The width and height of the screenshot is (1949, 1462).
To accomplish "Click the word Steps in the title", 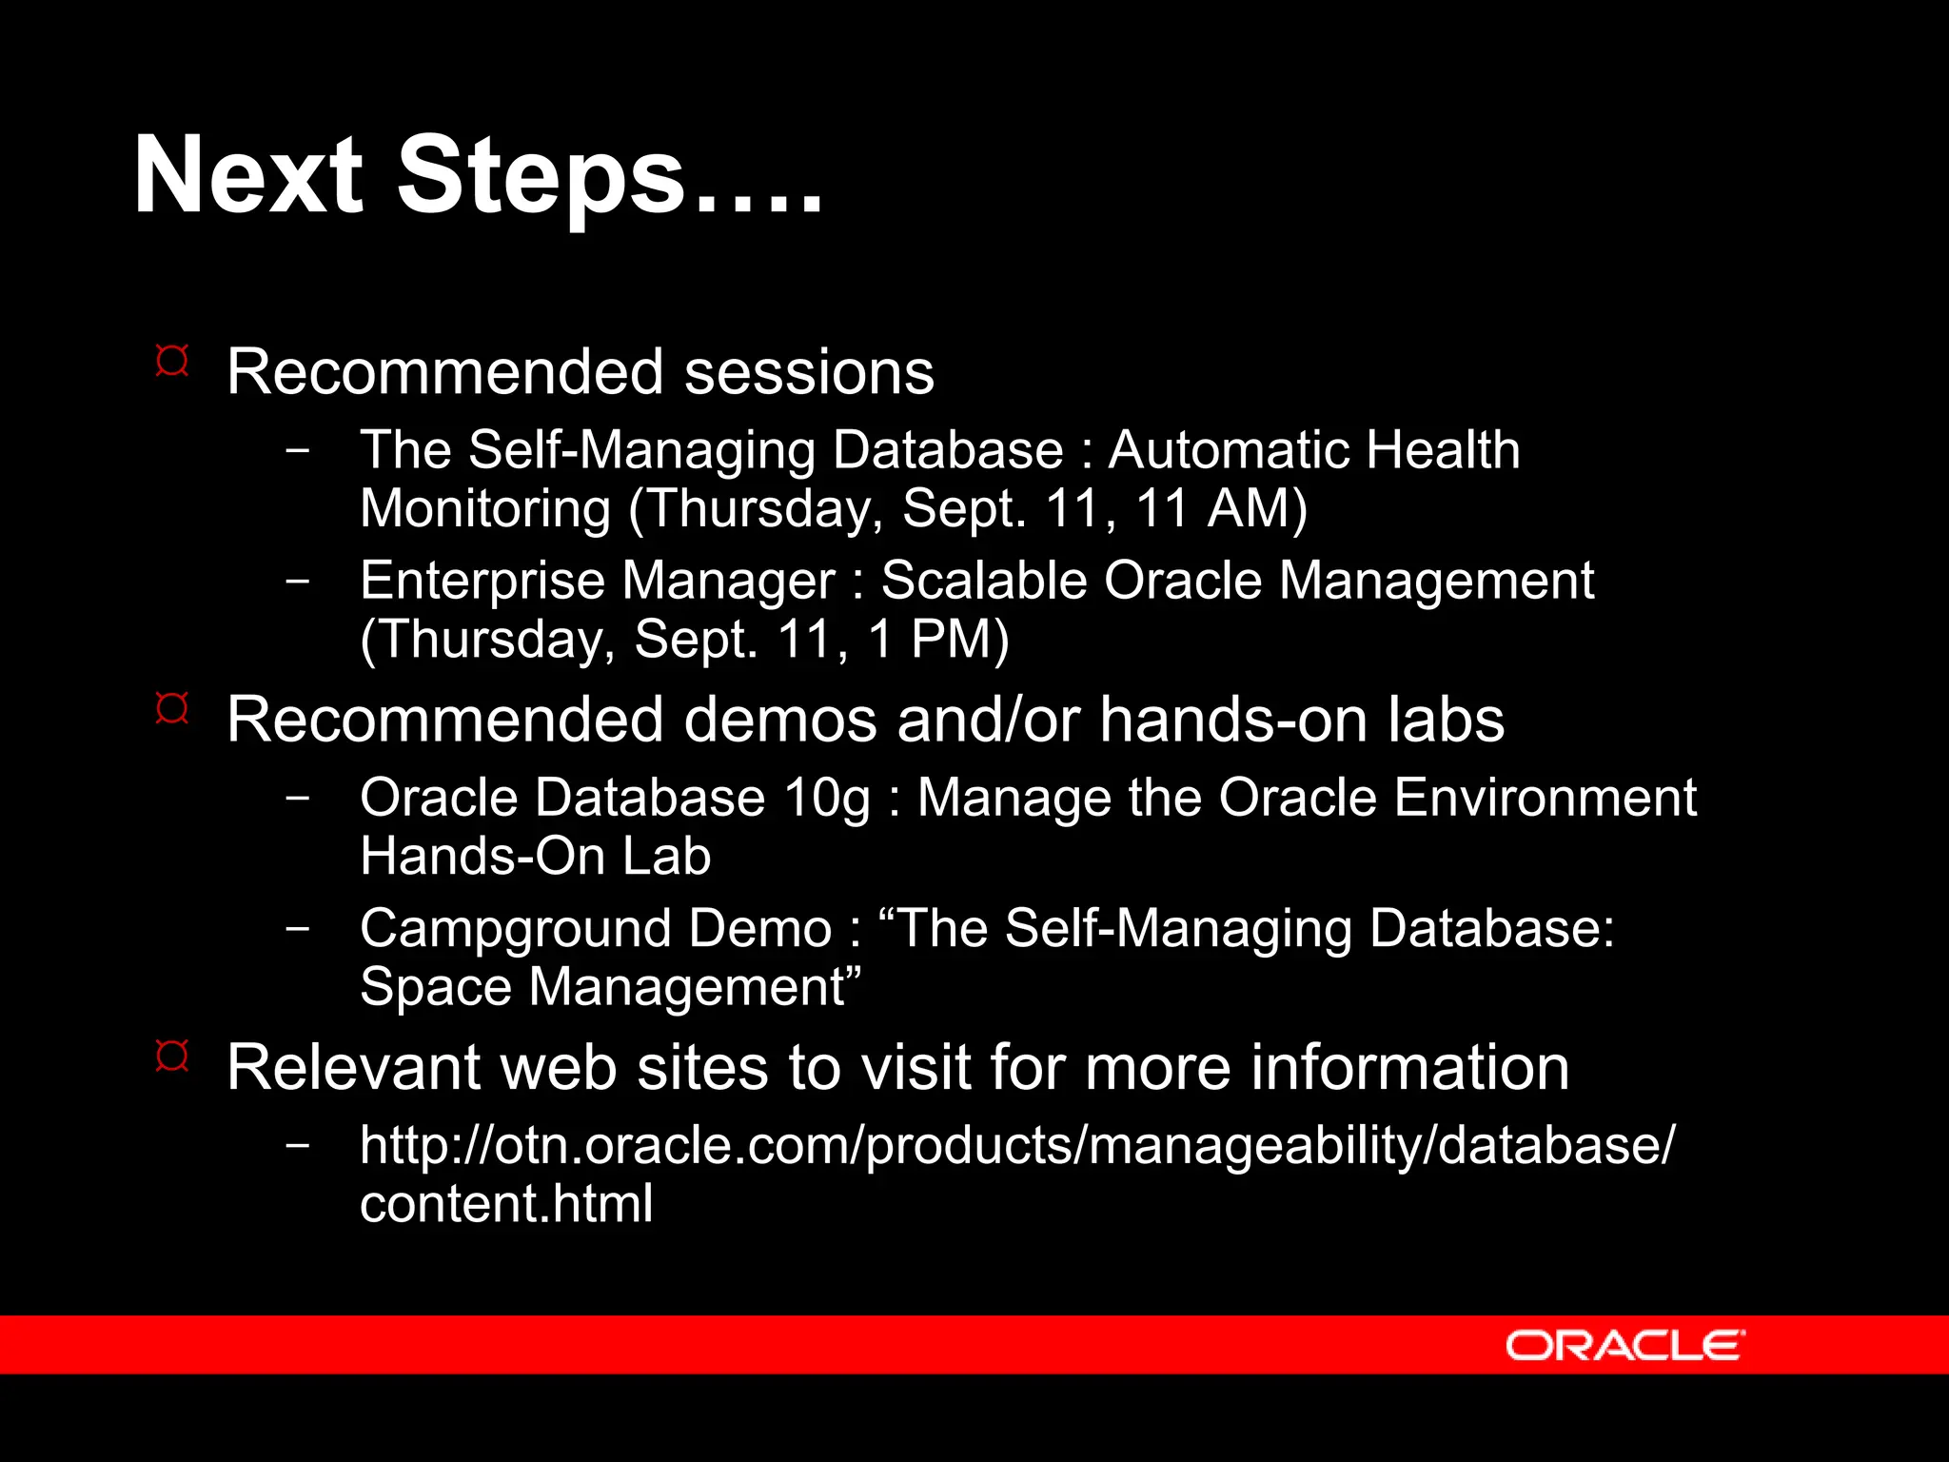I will click(x=540, y=177).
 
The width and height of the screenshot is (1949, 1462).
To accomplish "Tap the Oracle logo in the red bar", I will click(x=1624, y=1345).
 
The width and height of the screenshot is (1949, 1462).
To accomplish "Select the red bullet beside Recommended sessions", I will click(x=172, y=361).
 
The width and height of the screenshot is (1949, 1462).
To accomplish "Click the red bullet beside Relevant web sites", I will click(x=172, y=1056).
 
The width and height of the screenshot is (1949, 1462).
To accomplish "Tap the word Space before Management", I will click(x=436, y=987).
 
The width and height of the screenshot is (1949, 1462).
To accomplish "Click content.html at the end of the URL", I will click(x=506, y=1203).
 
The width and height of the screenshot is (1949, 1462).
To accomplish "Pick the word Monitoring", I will click(x=485, y=508).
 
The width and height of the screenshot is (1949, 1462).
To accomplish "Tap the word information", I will click(x=1408, y=1067).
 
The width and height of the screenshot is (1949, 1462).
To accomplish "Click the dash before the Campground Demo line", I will click(x=298, y=928).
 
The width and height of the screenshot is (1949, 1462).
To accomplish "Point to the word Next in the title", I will click(x=247, y=177).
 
